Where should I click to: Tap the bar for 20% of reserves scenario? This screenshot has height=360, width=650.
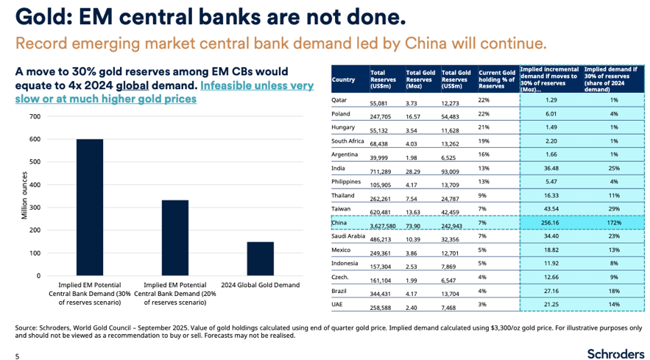(x=175, y=238)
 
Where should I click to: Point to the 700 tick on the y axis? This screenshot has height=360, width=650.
(x=35, y=117)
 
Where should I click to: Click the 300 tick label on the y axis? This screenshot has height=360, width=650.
(x=35, y=208)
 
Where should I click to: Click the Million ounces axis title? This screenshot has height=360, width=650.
(x=24, y=196)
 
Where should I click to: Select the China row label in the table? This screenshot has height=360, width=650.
(x=339, y=222)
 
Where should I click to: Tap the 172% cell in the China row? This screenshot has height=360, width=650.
(x=612, y=223)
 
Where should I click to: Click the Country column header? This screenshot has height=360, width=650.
(x=343, y=80)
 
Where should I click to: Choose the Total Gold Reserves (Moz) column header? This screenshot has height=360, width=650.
(x=420, y=80)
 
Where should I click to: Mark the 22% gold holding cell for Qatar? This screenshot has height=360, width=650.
(x=484, y=99)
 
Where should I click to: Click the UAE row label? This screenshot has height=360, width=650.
(x=338, y=305)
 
